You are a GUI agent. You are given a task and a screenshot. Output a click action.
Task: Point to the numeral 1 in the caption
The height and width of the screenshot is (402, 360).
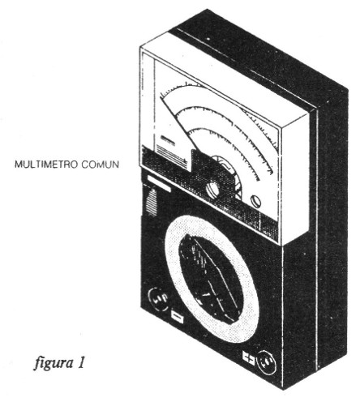pyautogui.click(x=81, y=362)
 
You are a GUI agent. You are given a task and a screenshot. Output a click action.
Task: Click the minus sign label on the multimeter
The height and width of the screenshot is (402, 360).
pyautogui.click(x=178, y=318)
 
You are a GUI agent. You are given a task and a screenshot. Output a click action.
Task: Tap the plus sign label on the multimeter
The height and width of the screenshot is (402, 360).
pyautogui.click(x=248, y=358)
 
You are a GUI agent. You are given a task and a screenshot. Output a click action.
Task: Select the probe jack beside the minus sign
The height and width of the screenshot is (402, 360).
pyautogui.click(x=159, y=299)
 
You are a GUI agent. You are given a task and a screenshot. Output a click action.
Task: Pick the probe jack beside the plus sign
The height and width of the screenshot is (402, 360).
pyautogui.click(x=266, y=362)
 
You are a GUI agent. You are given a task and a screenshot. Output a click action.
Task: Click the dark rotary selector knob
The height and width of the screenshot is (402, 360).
pyautogui.click(x=211, y=278)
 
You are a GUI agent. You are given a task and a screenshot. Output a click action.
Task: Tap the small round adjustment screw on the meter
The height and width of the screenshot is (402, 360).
pyautogui.click(x=255, y=201)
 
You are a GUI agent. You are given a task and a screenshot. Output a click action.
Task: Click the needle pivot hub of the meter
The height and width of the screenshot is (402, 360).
pyautogui.click(x=213, y=189)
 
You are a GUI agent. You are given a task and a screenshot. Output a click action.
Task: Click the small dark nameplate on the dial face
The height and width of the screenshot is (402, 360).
pyautogui.click(x=167, y=141)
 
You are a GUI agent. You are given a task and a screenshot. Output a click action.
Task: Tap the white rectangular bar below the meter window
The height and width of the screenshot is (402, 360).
pyautogui.click(x=159, y=183)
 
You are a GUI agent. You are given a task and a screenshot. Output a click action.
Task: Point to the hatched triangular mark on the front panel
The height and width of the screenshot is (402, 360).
pyautogui.click(x=152, y=202)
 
